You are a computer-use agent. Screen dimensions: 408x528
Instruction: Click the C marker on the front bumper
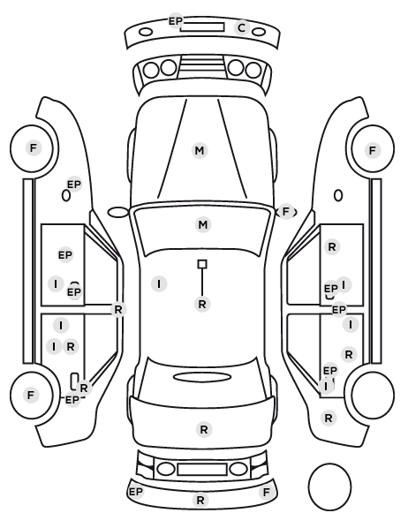(x=242, y=28)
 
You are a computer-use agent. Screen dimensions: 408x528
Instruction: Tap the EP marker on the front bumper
(x=175, y=21)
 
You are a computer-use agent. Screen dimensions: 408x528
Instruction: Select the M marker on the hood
(x=200, y=150)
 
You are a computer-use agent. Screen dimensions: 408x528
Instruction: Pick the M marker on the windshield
(x=203, y=224)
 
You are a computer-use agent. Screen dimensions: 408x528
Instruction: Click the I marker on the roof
(x=159, y=284)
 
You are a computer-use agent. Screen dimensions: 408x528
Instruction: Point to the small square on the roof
(x=202, y=264)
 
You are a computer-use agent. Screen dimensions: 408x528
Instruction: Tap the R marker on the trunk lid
(x=204, y=430)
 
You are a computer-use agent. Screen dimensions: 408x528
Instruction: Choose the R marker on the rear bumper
(x=200, y=500)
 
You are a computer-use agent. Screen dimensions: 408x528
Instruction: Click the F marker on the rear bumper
(x=266, y=493)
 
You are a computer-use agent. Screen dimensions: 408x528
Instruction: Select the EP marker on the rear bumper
(x=136, y=492)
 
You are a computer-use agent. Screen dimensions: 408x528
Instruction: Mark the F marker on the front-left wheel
(x=33, y=147)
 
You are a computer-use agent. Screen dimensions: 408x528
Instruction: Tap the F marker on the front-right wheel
(x=373, y=150)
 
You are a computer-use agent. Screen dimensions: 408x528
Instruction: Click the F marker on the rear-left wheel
(x=31, y=395)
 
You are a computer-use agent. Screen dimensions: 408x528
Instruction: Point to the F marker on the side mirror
(x=286, y=212)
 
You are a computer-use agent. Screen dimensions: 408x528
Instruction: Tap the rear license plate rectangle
(x=202, y=470)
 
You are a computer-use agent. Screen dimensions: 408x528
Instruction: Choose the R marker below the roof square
(x=202, y=304)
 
